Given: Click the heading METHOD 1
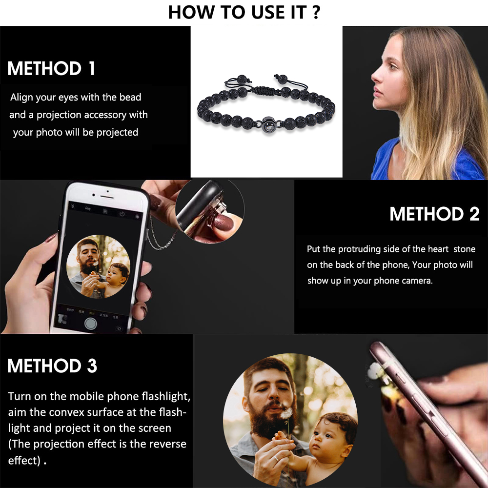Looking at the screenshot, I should click(x=51, y=68).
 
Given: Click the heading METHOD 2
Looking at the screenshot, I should click(x=434, y=214).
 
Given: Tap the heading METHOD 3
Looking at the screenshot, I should click(x=52, y=366).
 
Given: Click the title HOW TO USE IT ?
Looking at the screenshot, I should click(x=244, y=12).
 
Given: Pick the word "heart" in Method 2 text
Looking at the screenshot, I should click(x=437, y=249).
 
